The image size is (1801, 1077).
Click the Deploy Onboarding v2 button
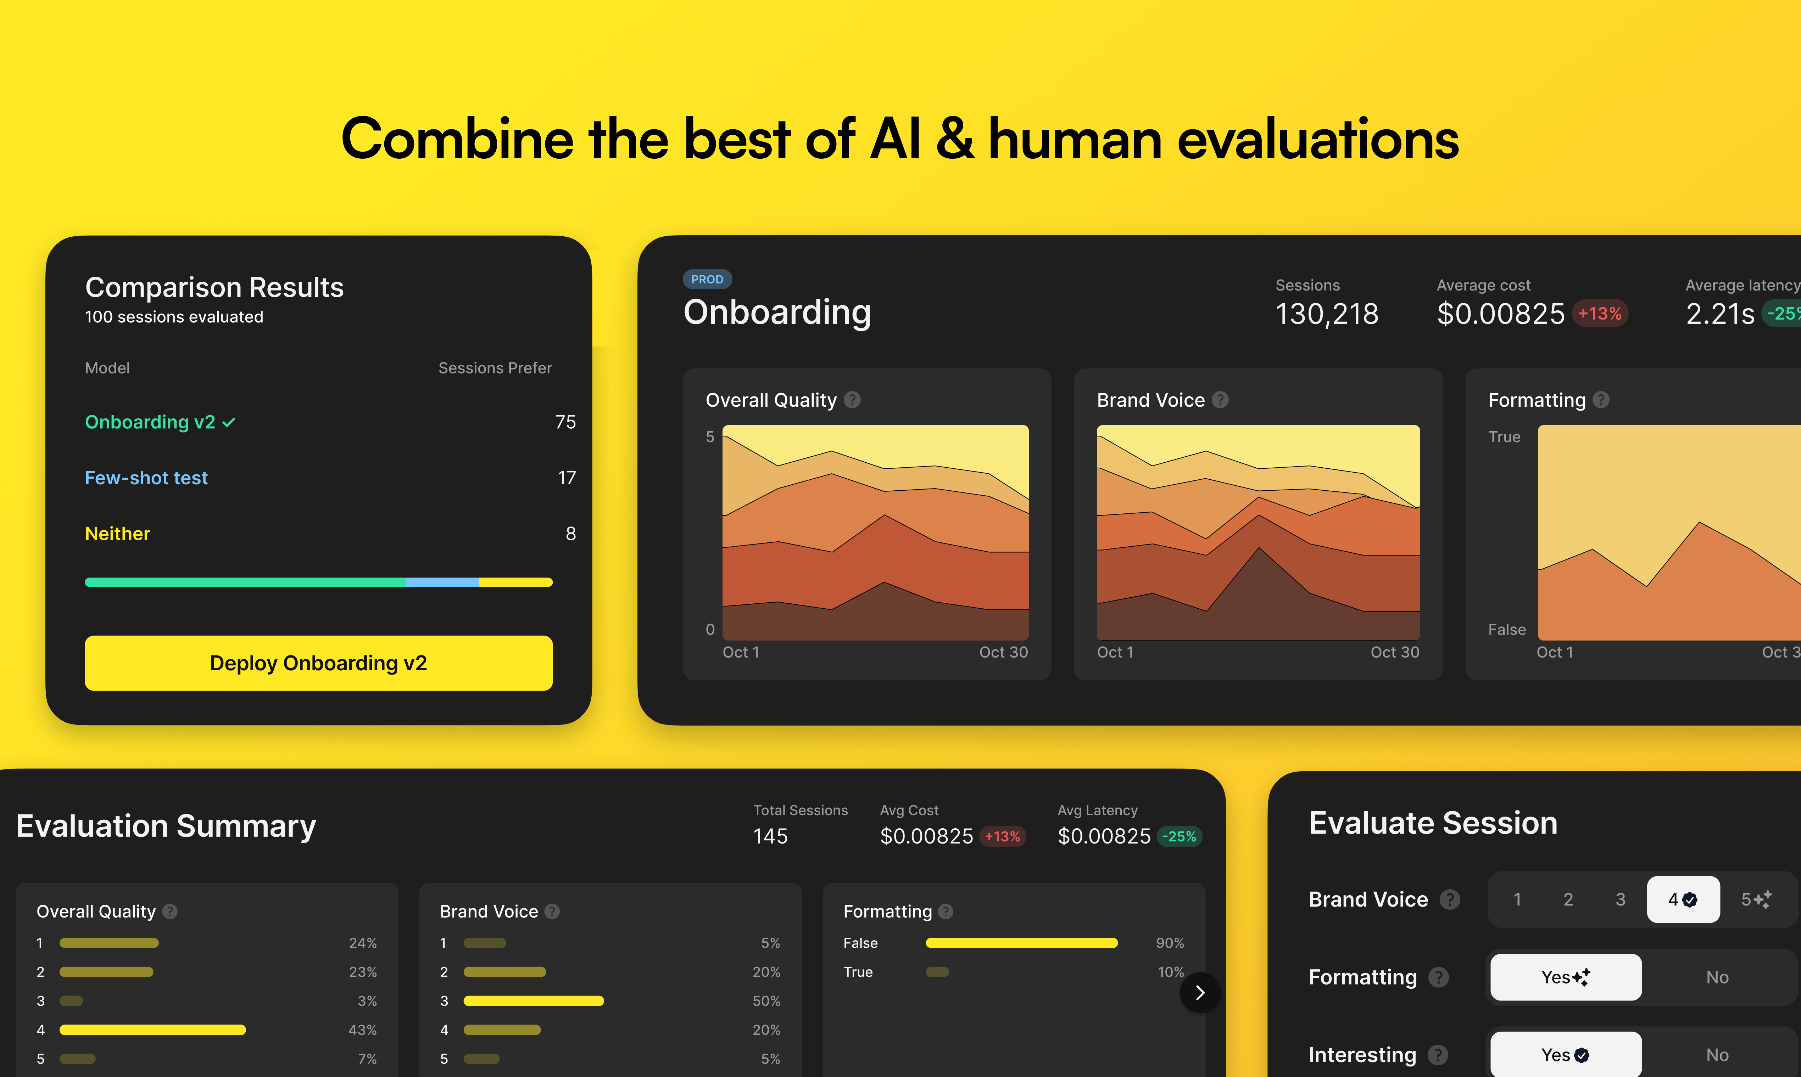tap(318, 662)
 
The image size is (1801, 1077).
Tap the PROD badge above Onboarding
tap(707, 280)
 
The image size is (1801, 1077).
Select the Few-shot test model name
tap(146, 478)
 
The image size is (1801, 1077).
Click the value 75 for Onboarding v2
tap(565, 422)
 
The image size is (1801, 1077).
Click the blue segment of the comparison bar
tap(442, 582)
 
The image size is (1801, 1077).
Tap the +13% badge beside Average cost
tap(1600, 314)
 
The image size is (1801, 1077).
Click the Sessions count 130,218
tap(1327, 314)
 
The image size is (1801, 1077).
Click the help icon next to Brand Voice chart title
tap(1221, 400)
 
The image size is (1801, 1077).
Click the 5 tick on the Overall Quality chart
tap(710, 437)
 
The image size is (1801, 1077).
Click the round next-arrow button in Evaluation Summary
tap(1200, 993)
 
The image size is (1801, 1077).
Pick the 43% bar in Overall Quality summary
tap(152, 1030)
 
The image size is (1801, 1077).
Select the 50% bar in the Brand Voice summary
tap(534, 1001)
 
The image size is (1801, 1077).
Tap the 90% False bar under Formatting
tap(1022, 943)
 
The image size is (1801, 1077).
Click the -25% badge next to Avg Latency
tap(1180, 837)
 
